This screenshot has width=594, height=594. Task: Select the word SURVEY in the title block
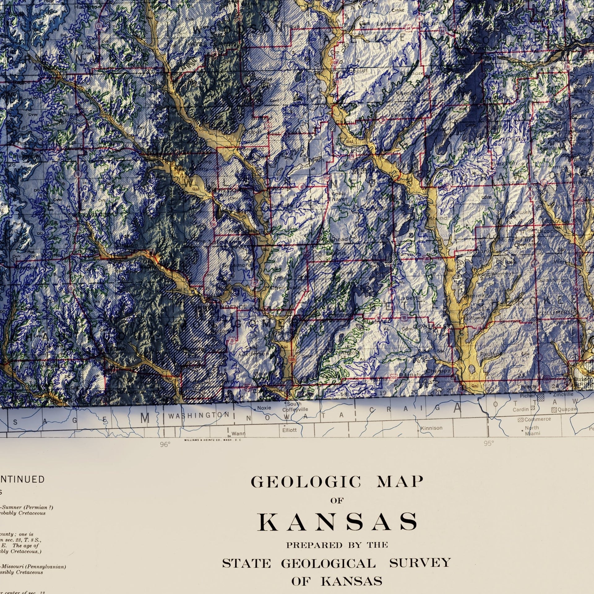click(420, 563)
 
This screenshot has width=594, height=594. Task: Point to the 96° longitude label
click(165, 445)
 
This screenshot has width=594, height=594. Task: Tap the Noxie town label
click(264, 408)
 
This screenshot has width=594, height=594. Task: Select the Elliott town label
click(289, 430)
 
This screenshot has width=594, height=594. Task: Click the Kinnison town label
click(432, 428)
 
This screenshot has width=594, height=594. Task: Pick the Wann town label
click(238, 433)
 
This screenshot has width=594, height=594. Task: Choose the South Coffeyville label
click(295, 407)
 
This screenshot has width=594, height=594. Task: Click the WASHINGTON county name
click(199, 415)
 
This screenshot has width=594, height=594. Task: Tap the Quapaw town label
click(567, 409)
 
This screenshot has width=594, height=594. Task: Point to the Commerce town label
click(537, 419)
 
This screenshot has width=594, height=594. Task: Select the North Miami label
click(532, 430)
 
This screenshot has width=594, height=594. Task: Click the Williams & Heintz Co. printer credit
click(212, 440)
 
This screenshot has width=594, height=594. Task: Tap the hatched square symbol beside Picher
click(540, 398)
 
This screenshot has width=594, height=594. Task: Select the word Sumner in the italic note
click(13, 507)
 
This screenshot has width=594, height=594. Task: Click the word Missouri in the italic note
click(14, 567)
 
